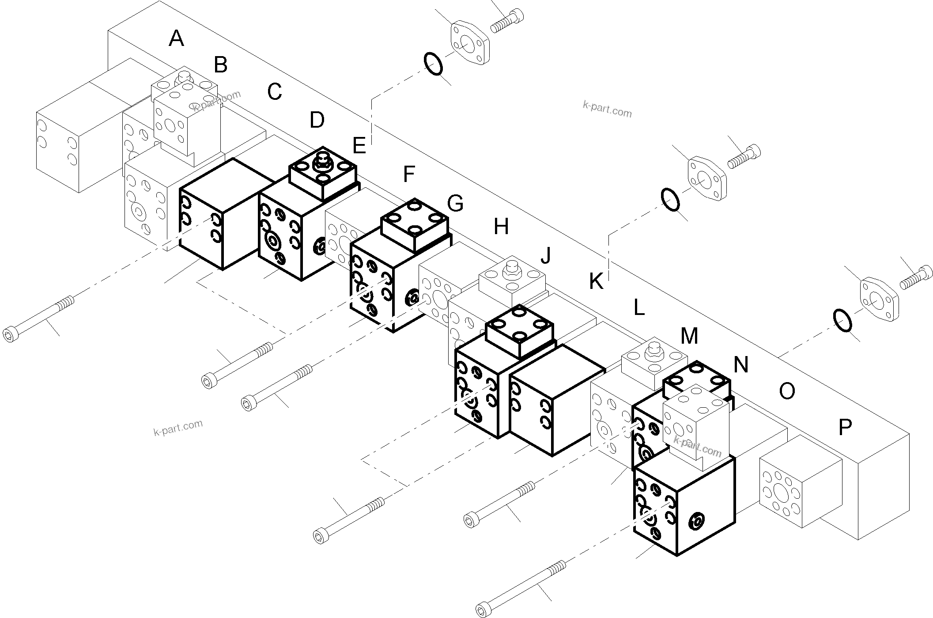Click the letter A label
176,38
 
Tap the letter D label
317,120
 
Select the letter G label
455,204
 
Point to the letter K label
596,281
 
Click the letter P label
845,427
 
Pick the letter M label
689,336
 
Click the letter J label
546,255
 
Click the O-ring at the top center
434,64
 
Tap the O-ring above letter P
842,320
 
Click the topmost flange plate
470,42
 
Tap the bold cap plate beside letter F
414,225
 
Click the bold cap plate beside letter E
322,173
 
